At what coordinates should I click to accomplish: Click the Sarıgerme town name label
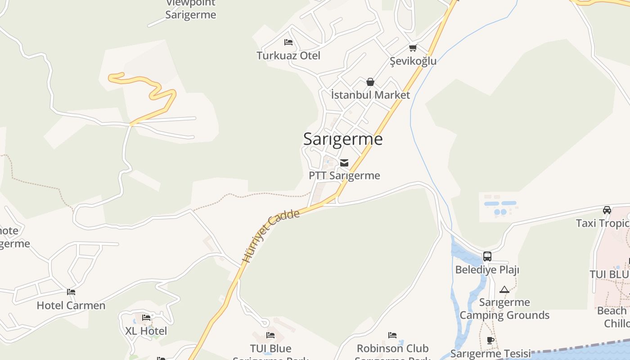tap(343, 139)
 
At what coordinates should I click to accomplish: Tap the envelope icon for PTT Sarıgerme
tap(344, 163)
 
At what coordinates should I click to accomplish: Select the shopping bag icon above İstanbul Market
tap(370, 82)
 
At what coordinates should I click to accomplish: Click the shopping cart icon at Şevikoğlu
tap(413, 48)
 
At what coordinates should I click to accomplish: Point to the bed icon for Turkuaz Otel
tap(288, 42)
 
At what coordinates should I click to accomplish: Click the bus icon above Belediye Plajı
tap(487, 256)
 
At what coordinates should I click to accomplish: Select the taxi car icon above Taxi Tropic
tap(607, 210)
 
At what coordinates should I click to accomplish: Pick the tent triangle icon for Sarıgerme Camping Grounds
tap(504, 289)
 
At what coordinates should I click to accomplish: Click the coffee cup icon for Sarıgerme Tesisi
tap(490, 341)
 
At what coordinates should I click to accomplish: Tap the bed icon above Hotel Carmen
tap(71, 292)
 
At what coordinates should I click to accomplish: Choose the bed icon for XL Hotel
tap(146, 318)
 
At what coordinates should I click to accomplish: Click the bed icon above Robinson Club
tap(392, 335)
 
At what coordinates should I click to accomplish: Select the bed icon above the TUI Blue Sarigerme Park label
tap(270, 335)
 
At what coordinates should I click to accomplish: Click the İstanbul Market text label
tap(370, 95)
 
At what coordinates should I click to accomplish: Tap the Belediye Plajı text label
tap(487, 270)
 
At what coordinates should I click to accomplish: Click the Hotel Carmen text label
tap(71, 306)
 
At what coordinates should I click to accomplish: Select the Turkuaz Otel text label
tap(288, 55)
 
